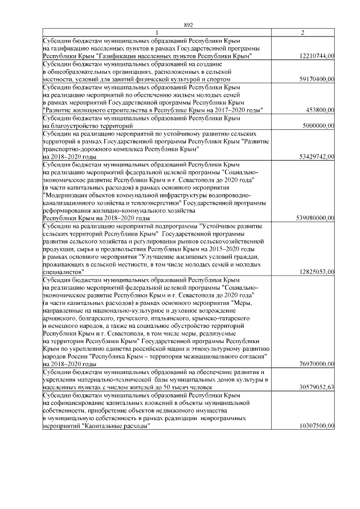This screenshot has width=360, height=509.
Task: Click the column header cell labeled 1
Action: tap(157, 33)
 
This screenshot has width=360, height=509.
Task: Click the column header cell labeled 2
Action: tap(303, 33)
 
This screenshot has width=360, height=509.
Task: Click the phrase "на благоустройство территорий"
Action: tap(82, 126)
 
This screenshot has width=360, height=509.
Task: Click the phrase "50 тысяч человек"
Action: tap(186, 388)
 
